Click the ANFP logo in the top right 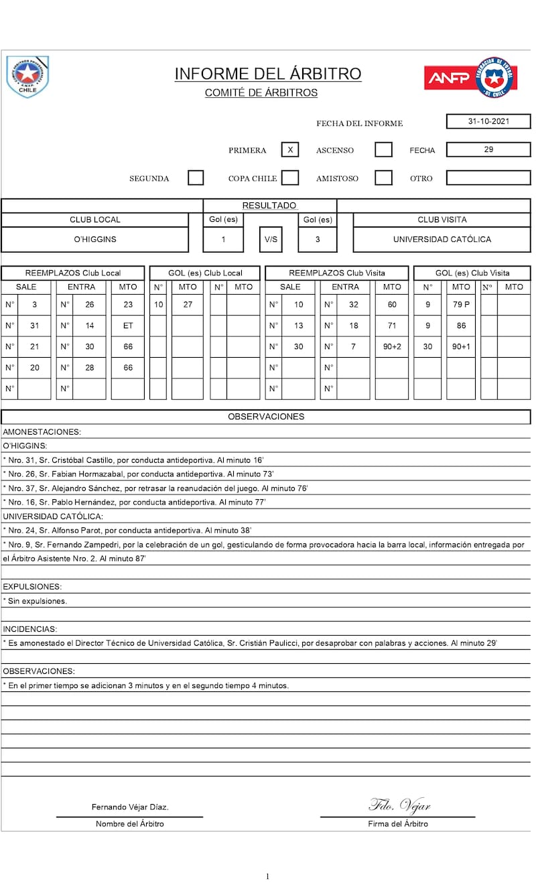(469, 78)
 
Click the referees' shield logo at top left (27, 76)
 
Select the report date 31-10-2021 (488, 121)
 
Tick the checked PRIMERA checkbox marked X (290, 149)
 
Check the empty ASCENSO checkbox (383, 149)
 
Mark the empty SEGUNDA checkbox (196, 178)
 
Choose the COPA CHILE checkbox (290, 178)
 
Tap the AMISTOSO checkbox (383, 178)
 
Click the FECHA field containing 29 (488, 149)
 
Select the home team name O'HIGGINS (95, 239)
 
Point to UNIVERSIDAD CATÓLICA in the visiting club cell (442, 239)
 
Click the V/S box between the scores (271, 239)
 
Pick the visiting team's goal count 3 (318, 239)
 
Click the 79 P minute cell (461, 304)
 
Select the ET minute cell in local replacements (128, 326)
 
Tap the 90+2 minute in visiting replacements (392, 346)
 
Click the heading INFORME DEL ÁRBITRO (268, 74)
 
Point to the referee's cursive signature (399, 805)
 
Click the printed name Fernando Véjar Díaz (130, 807)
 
